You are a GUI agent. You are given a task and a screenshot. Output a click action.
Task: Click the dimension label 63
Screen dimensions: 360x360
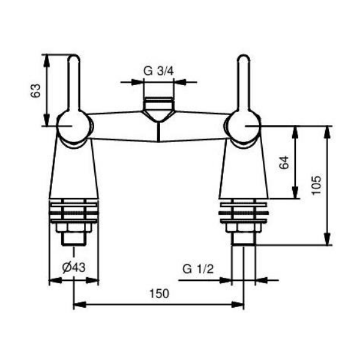click(36, 91)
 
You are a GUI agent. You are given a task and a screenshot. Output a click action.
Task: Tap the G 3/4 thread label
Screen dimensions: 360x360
click(158, 71)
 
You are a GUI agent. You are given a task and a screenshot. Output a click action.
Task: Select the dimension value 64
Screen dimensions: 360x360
click(285, 162)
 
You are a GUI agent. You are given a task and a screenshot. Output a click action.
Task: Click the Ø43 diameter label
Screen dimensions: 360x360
click(73, 268)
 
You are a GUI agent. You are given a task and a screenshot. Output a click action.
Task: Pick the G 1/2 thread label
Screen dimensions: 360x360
click(198, 268)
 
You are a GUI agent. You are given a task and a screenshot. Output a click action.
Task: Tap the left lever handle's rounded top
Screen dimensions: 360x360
click(74, 60)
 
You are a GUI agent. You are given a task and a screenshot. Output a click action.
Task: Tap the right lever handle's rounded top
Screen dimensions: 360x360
click(244, 60)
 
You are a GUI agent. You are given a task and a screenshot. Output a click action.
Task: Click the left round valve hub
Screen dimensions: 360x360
click(74, 127)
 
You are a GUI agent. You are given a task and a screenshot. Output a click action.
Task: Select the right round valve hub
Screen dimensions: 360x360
click(243, 127)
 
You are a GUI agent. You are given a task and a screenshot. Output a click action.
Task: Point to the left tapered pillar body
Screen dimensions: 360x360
click(74, 171)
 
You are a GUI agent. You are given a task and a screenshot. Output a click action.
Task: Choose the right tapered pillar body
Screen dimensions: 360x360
click(243, 171)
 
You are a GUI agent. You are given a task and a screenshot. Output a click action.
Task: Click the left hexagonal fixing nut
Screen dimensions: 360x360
click(73, 227)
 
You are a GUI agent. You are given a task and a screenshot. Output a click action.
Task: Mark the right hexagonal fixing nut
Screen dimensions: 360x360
click(243, 227)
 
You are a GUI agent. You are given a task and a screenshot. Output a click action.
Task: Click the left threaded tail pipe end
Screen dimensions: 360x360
click(73, 239)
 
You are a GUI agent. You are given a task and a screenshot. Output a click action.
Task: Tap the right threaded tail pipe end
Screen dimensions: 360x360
click(243, 239)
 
